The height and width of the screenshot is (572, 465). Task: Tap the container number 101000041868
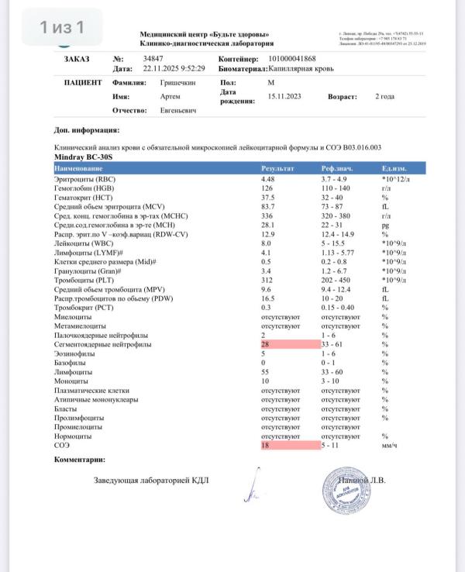294,58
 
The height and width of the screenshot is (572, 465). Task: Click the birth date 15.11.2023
284,97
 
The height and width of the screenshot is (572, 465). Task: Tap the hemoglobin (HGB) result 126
267,188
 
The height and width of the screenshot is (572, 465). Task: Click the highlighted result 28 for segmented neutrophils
266,343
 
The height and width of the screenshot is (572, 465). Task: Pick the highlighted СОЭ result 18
266,446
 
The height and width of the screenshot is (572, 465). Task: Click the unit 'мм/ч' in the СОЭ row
390,446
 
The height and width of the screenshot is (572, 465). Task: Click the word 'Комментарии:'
79,460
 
